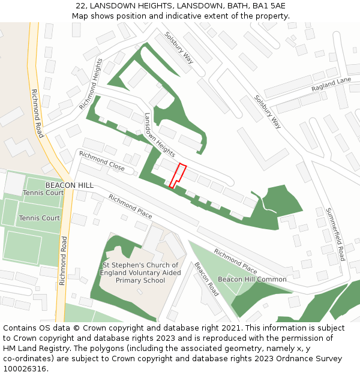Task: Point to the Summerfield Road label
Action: pos(335,234)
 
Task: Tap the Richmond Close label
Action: pos(101,161)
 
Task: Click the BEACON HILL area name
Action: pos(70,185)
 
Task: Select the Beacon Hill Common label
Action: pos(252,280)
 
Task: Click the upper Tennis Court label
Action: pos(43,193)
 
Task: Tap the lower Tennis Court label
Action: pos(39,218)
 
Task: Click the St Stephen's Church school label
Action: pos(140,272)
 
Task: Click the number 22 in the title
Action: pos(81,6)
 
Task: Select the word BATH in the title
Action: pos(227,6)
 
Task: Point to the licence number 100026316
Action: pos(25,369)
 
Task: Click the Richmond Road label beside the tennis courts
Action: pos(63,260)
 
